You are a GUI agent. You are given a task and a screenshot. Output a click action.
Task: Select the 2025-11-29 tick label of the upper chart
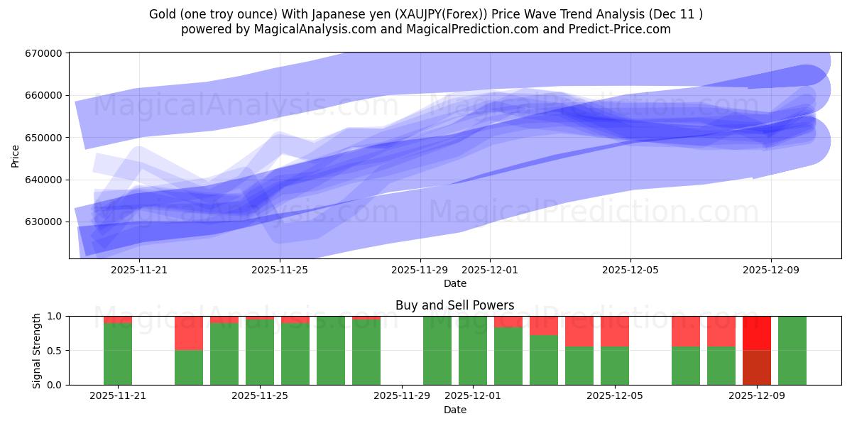pos(420,270)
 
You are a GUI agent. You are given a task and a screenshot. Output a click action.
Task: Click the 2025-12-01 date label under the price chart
pos(490,270)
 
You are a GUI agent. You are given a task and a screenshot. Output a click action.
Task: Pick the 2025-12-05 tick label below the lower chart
pos(614,396)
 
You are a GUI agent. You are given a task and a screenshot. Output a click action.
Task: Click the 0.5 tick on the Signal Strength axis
pos(53,351)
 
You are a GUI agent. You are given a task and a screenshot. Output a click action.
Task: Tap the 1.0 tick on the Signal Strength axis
pos(53,316)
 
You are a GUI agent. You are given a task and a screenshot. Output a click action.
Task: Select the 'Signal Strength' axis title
pos(36,350)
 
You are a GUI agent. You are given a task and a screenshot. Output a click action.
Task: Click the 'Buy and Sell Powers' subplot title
pos(454,306)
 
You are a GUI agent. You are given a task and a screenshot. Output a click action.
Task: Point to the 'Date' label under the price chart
pos(454,283)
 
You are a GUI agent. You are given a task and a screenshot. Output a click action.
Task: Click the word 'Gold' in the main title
pos(163,14)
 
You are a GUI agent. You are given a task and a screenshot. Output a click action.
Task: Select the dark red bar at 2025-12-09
pos(757,368)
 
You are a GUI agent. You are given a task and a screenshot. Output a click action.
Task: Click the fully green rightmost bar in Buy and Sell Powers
pos(792,351)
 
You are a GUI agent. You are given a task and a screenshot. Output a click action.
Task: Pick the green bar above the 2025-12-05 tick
pos(615,366)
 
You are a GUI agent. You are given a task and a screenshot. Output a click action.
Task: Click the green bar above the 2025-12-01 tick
pos(473,351)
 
